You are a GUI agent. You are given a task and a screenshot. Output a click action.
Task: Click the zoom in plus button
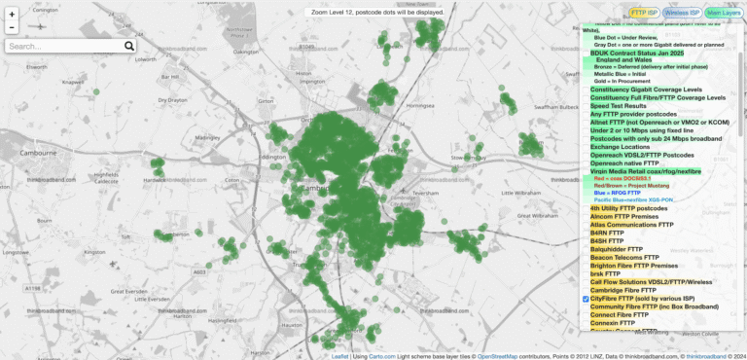click(11, 14)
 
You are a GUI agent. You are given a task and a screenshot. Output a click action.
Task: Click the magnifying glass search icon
click(129, 46)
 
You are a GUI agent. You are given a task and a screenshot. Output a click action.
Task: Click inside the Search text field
click(63, 46)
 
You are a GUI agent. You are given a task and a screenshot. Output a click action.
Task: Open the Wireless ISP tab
click(683, 13)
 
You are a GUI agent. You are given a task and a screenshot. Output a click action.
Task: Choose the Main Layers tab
click(722, 13)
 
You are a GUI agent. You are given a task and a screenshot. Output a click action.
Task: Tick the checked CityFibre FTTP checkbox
click(586, 299)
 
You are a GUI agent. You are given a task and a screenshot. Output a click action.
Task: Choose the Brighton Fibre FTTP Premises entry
click(647, 266)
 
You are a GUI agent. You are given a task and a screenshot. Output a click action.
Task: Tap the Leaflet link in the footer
click(339, 356)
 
